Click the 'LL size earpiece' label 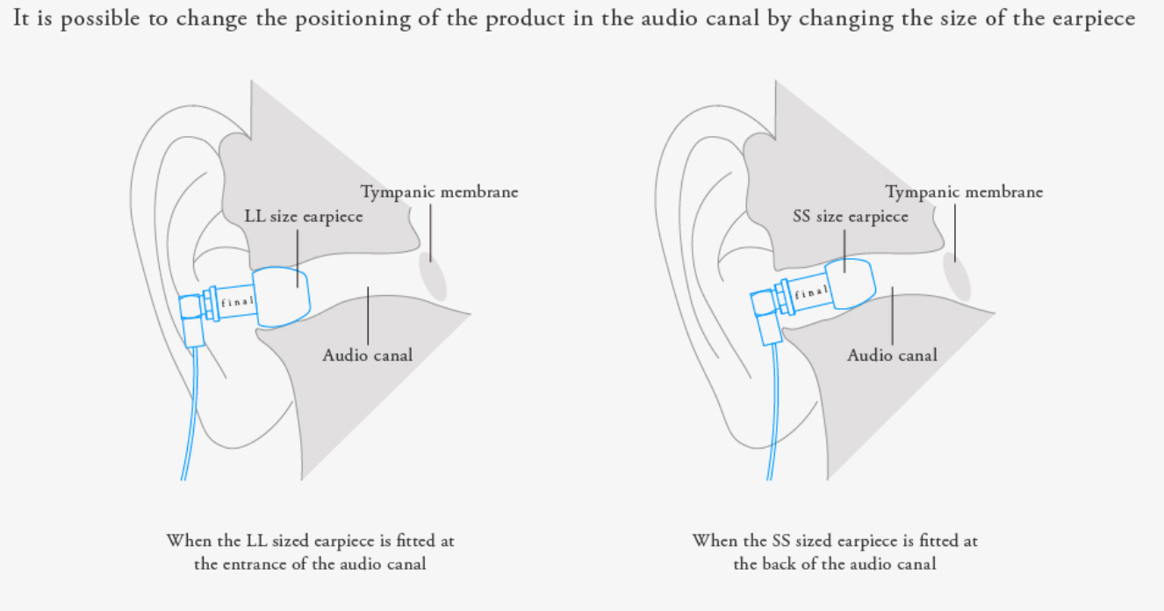pos(303,217)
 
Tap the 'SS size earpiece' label pos(850,217)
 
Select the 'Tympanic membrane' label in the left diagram pos(440,192)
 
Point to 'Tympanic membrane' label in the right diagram pos(964,192)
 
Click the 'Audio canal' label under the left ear pos(367,356)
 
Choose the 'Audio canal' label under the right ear pos(892,356)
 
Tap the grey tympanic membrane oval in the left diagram pos(433,276)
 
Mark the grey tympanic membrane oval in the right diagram pos(958,276)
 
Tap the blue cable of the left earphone pos(187,421)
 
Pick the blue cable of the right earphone pos(772,421)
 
